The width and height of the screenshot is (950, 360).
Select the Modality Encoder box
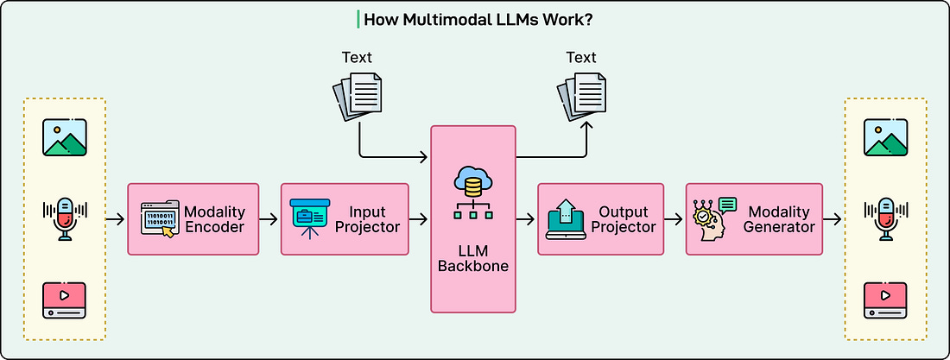193,219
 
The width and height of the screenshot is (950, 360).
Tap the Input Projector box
344,219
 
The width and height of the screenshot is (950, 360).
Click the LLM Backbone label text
472,257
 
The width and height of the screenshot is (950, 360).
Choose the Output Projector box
600,219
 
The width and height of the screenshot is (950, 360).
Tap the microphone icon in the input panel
64,218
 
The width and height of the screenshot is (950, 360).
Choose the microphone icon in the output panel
885,218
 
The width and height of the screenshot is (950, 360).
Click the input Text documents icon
357,96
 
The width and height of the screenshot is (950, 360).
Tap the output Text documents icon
580,96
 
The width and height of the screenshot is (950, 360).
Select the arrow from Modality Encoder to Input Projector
269,219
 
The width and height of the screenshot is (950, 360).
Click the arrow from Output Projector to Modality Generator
674,219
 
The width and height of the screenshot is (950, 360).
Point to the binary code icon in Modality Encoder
160,219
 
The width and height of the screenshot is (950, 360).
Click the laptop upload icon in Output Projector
566,219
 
